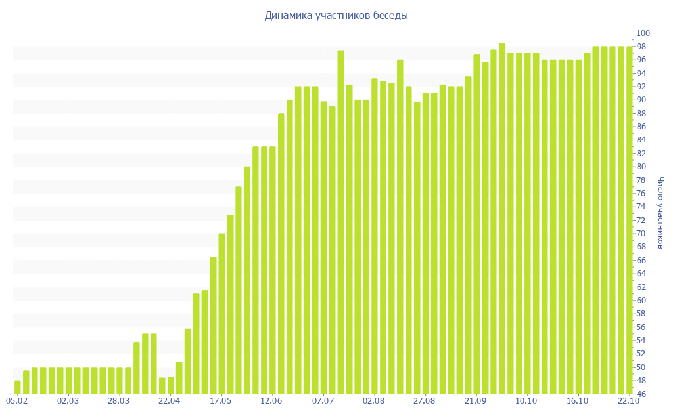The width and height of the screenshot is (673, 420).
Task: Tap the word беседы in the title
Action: [x=389, y=16]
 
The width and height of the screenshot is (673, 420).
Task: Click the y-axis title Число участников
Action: [x=661, y=213]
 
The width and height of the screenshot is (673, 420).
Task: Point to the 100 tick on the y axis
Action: [x=642, y=33]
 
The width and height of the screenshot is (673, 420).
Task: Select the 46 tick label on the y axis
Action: [x=642, y=394]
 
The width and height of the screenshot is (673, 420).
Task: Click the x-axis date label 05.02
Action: [x=16, y=400]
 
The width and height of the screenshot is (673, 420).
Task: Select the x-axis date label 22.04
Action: [x=170, y=400]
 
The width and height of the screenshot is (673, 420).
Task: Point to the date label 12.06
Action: [x=271, y=400]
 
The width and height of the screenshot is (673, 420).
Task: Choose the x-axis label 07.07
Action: [x=323, y=400]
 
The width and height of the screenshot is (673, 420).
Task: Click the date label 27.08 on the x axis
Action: [x=425, y=400]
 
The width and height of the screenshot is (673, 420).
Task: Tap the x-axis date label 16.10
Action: [x=577, y=400]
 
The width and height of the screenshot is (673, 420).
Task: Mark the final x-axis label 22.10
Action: [x=628, y=400]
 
